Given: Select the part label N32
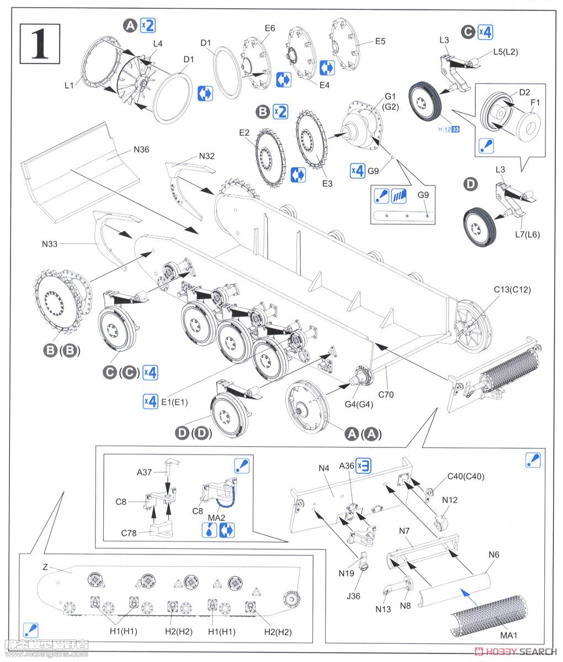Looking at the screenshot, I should click(207, 156).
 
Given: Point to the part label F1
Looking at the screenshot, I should click(535, 103).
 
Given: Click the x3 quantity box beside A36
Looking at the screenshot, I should click(363, 466).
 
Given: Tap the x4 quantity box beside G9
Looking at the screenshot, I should click(358, 170).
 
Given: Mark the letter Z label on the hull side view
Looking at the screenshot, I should click(45, 567).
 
